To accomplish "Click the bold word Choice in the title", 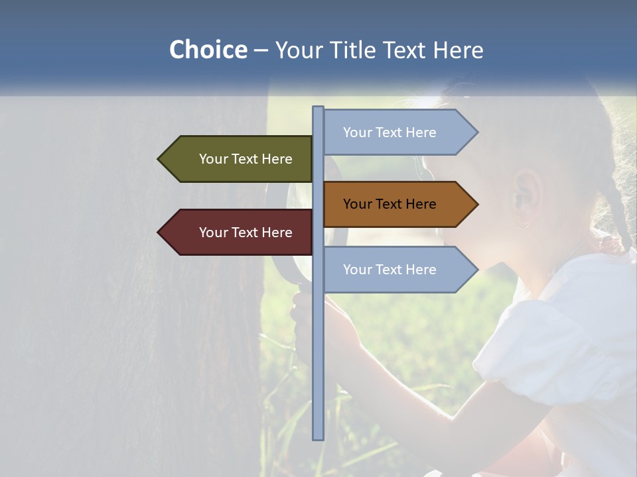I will click(208, 50).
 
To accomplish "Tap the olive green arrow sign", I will click(236, 159).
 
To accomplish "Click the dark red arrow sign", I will click(236, 232).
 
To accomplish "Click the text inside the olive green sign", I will click(246, 159).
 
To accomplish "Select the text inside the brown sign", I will click(389, 204).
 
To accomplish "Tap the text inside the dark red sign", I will click(246, 233).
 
